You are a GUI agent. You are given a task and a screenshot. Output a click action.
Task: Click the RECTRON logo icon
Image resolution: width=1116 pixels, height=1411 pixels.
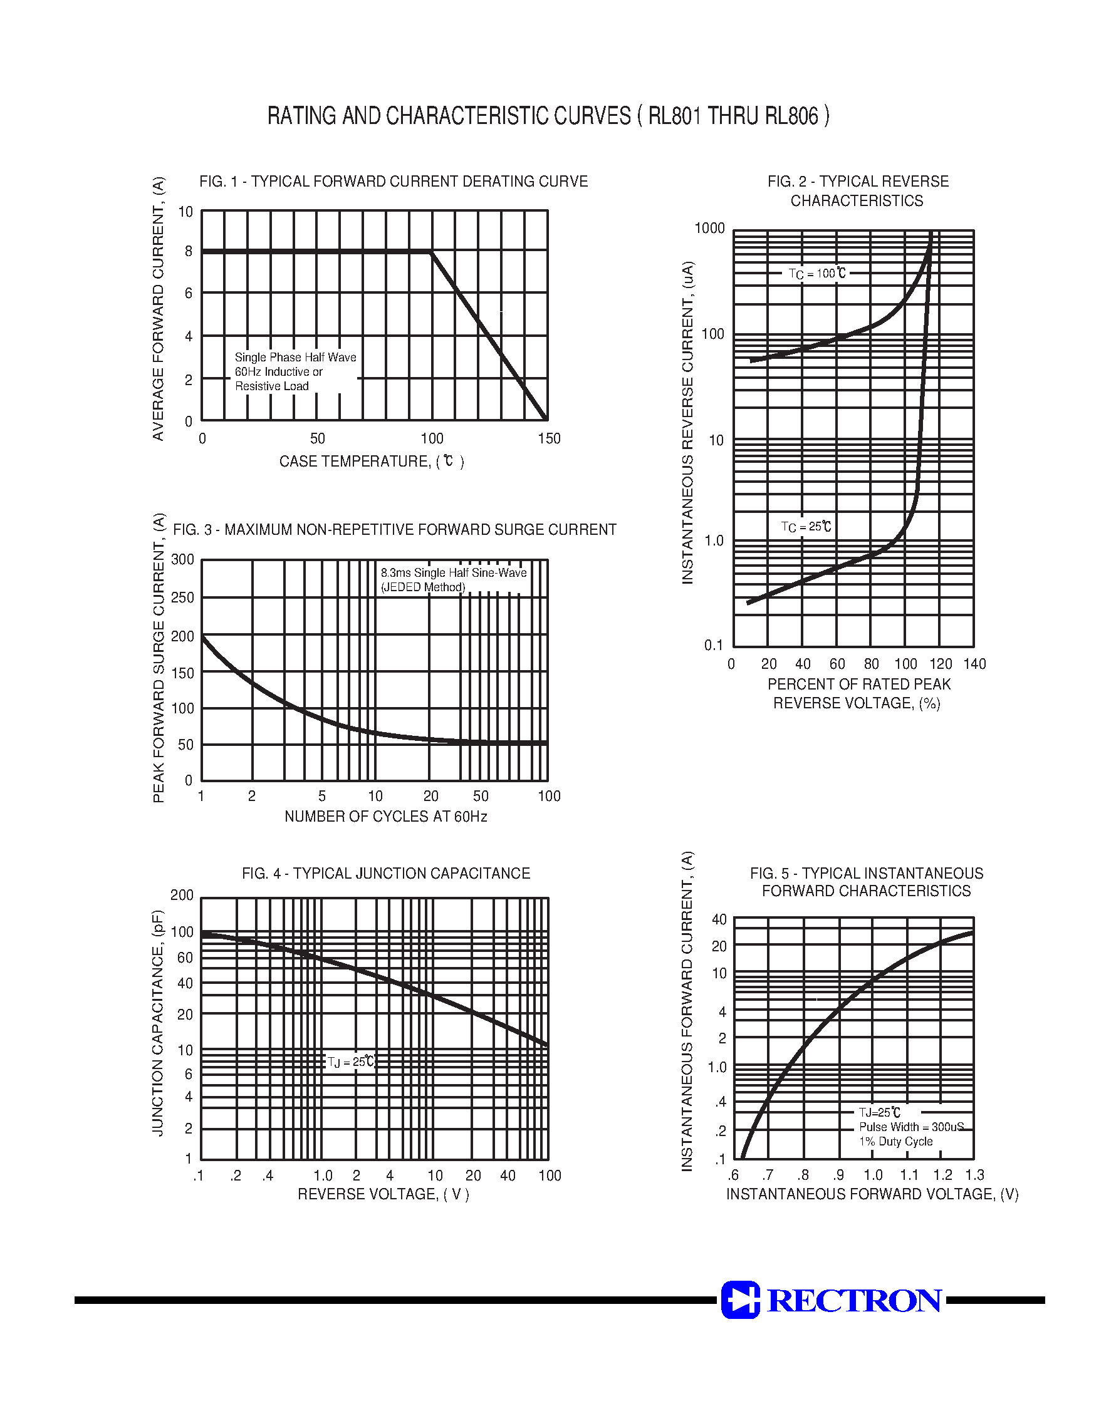(x=740, y=1300)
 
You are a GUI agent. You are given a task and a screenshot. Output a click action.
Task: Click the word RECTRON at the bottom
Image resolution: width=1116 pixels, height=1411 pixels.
(x=855, y=1300)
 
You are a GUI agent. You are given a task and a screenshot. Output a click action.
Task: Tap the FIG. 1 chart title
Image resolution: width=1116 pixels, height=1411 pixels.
(x=394, y=182)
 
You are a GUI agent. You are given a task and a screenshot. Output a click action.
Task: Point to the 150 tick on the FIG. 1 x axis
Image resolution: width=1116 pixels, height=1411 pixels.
(x=549, y=438)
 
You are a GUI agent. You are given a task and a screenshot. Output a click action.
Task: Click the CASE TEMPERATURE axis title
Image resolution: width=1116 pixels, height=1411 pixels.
(x=371, y=462)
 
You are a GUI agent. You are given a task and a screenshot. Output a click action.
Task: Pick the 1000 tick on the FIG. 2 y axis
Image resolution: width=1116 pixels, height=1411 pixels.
(x=709, y=228)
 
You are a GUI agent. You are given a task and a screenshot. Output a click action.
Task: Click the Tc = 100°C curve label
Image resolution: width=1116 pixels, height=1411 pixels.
(x=816, y=274)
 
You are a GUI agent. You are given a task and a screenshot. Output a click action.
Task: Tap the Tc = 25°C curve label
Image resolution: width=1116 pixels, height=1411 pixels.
(x=806, y=526)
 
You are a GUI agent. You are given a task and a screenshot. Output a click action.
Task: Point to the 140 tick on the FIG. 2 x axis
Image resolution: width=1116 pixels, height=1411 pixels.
(x=974, y=664)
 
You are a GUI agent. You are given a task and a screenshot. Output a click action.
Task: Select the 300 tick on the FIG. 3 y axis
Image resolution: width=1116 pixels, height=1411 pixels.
(x=183, y=559)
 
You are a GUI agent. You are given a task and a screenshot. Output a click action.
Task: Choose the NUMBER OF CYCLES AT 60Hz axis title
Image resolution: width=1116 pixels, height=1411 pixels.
(x=385, y=817)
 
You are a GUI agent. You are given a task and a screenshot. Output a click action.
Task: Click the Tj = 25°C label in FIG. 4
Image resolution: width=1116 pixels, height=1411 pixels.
(x=351, y=1062)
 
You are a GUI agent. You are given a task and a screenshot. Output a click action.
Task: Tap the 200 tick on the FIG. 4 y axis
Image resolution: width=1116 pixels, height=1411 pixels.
(x=182, y=895)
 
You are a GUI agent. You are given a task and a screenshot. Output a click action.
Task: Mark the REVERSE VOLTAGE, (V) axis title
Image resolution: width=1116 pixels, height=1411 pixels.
(x=383, y=1194)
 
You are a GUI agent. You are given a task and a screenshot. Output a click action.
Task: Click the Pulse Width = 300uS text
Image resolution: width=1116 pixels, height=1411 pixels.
(x=911, y=1127)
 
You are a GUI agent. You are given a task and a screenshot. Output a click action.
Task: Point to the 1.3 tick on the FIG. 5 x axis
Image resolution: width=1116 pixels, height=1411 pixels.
(x=974, y=1176)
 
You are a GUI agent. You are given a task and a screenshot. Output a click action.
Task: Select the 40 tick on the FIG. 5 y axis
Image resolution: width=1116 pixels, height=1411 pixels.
(x=719, y=919)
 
